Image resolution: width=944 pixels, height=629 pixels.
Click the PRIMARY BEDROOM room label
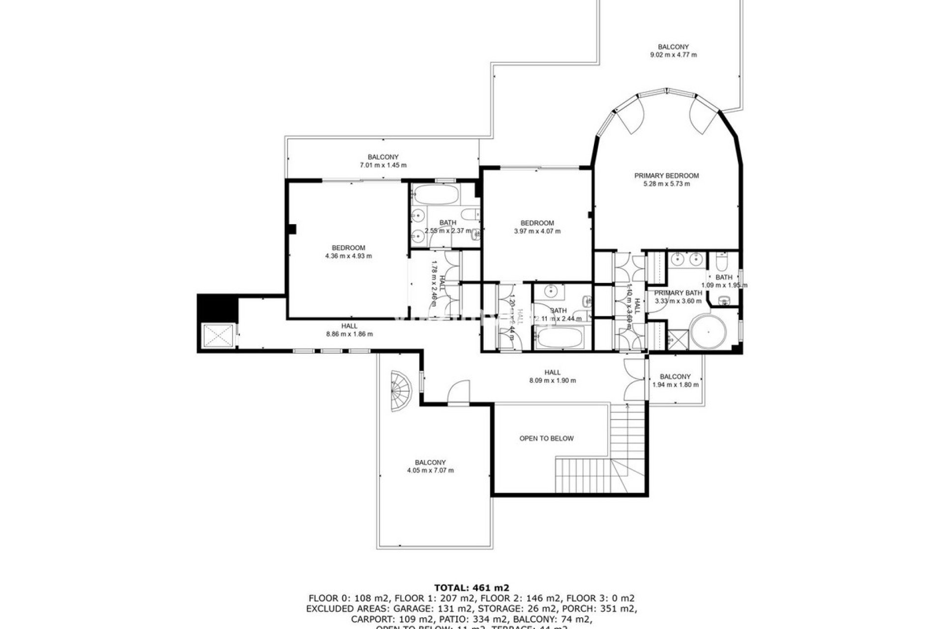point(666,176)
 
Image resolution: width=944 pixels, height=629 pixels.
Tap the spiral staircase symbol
point(401,391)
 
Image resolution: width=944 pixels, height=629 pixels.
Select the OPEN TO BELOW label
point(546,438)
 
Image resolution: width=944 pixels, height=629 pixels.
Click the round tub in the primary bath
point(708,333)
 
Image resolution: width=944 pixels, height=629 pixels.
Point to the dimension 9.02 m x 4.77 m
point(673,55)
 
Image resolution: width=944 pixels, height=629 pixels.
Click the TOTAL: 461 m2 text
point(472,587)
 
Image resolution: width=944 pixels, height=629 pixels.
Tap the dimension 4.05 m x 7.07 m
point(430,471)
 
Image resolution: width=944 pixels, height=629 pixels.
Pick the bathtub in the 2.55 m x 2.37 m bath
point(436,195)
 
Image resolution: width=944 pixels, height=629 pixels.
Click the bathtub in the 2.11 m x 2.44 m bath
point(560,338)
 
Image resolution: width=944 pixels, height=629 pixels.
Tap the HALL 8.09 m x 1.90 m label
point(552,376)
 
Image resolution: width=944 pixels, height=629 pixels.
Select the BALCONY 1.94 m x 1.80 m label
point(675,380)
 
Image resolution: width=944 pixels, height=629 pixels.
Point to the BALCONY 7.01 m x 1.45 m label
point(383,161)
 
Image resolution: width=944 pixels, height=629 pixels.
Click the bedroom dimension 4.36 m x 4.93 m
point(348,256)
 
